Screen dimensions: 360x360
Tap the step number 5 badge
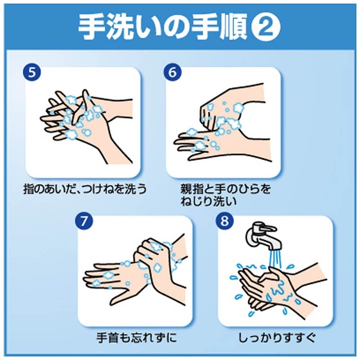(x=32, y=72)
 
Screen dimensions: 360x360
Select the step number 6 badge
(x=173, y=72)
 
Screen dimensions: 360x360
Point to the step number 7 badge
(x=84, y=221)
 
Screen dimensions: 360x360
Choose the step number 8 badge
(x=224, y=221)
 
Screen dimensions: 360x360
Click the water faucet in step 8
(x=263, y=236)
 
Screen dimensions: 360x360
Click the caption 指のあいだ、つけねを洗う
(x=85, y=189)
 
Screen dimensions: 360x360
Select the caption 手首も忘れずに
(x=137, y=337)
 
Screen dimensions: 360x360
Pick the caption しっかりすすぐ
(x=277, y=337)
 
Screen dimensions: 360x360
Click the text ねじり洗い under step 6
(x=208, y=201)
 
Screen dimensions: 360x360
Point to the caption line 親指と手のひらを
(x=226, y=189)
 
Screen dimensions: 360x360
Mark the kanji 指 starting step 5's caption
(x=29, y=189)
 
